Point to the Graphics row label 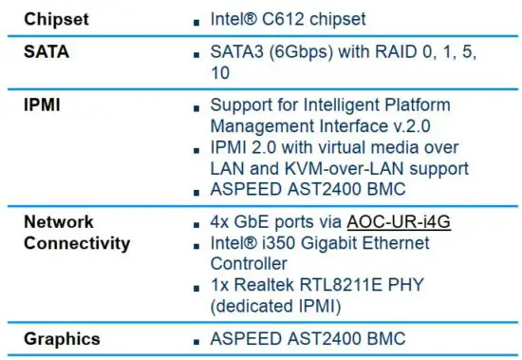pyautogui.click(x=62, y=339)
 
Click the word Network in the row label pyautogui.click(x=59, y=221)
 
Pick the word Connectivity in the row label pyautogui.click(x=77, y=243)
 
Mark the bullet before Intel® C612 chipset pyautogui.click(x=195, y=20)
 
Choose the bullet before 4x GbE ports pyautogui.click(x=195, y=224)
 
